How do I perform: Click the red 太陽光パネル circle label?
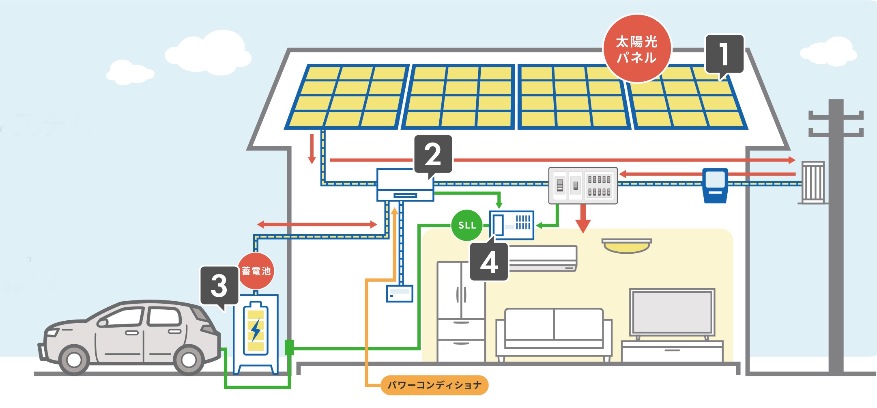(637, 49)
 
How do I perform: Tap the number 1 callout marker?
(724, 54)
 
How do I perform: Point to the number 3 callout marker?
(219, 285)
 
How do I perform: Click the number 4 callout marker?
(489, 262)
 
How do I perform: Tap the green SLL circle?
(466, 225)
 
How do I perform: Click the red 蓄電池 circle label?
(256, 271)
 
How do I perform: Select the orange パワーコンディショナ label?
(434, 385)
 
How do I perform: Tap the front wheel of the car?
(74, 360)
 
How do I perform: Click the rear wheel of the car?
(189, 360)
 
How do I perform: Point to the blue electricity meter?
(715, 185)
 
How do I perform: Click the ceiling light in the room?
(627, 246)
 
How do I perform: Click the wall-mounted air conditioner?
(543, 258)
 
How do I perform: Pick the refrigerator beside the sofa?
(461, 311)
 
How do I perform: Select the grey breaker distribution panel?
(583, 186)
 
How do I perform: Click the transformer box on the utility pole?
(813, 182)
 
